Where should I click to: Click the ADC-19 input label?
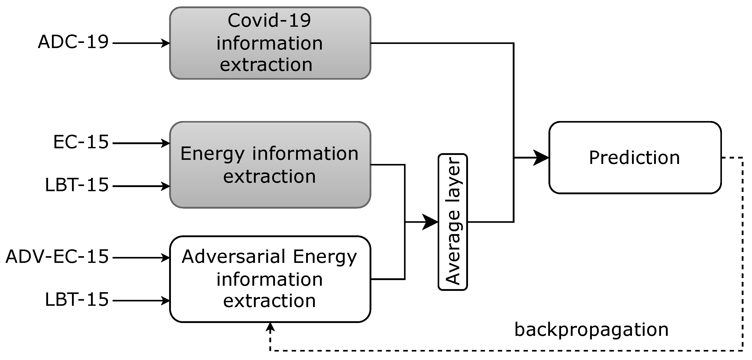coord(73,42)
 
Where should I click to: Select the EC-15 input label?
coord(81,142)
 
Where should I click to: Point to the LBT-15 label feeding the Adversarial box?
coord(77,300)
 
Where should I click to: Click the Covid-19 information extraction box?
coord(270,43)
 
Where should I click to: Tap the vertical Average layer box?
coord(453,222)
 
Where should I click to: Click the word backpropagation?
coord(591,330)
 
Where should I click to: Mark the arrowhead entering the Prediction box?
coord(542,158)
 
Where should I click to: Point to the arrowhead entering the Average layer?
coord(430,222)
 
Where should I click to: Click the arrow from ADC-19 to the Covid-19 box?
coord(140,43)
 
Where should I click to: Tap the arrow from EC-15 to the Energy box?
coord(140,143)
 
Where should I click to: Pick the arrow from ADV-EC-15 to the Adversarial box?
coord(140,258)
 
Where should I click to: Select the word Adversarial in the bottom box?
coord(234,257)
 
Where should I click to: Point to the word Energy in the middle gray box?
coord(212,154)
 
